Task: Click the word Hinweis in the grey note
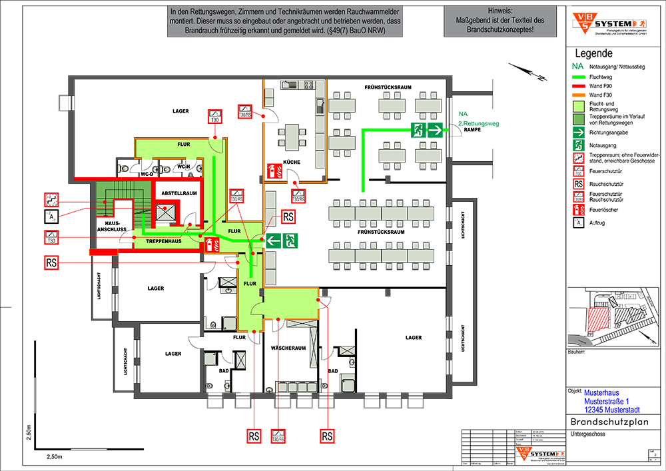point(499,11)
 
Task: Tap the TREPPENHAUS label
point(163,241)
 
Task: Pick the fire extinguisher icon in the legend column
point(579,210)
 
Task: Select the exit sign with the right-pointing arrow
point(427,129)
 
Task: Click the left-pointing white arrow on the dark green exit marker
point(273,239)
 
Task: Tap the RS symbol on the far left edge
point(51,264)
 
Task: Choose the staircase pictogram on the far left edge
point(51,199)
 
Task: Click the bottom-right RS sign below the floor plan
point(327,437)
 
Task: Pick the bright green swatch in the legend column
point(577,77)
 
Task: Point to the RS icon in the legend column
point(579,185)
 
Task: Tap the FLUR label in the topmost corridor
point(183,144)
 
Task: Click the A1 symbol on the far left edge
point(51,217)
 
